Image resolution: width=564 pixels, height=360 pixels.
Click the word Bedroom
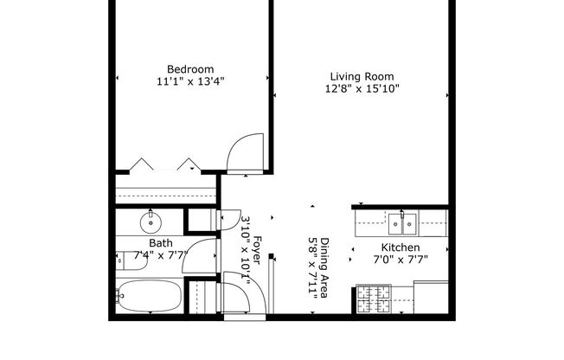point(190,69)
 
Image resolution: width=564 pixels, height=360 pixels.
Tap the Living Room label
point(362,75)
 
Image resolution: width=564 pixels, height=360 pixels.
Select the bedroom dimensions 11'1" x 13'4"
point(190,82)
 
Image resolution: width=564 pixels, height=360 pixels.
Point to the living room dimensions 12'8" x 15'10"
point(362,88)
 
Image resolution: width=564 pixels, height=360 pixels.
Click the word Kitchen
point(401,247)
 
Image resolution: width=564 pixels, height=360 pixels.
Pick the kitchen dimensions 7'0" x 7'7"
point(401,259)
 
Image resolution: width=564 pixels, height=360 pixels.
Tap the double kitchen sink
point(401,223)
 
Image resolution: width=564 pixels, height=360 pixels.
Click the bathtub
point(148,297)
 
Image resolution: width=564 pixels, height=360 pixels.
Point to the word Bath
point(160,244)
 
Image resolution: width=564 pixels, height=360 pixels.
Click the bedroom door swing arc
point(246,149)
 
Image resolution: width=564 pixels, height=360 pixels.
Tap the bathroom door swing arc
point(202,255)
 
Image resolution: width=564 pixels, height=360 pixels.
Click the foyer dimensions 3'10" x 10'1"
point(245,251)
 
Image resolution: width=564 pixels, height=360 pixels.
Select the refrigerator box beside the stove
point(431,297)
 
